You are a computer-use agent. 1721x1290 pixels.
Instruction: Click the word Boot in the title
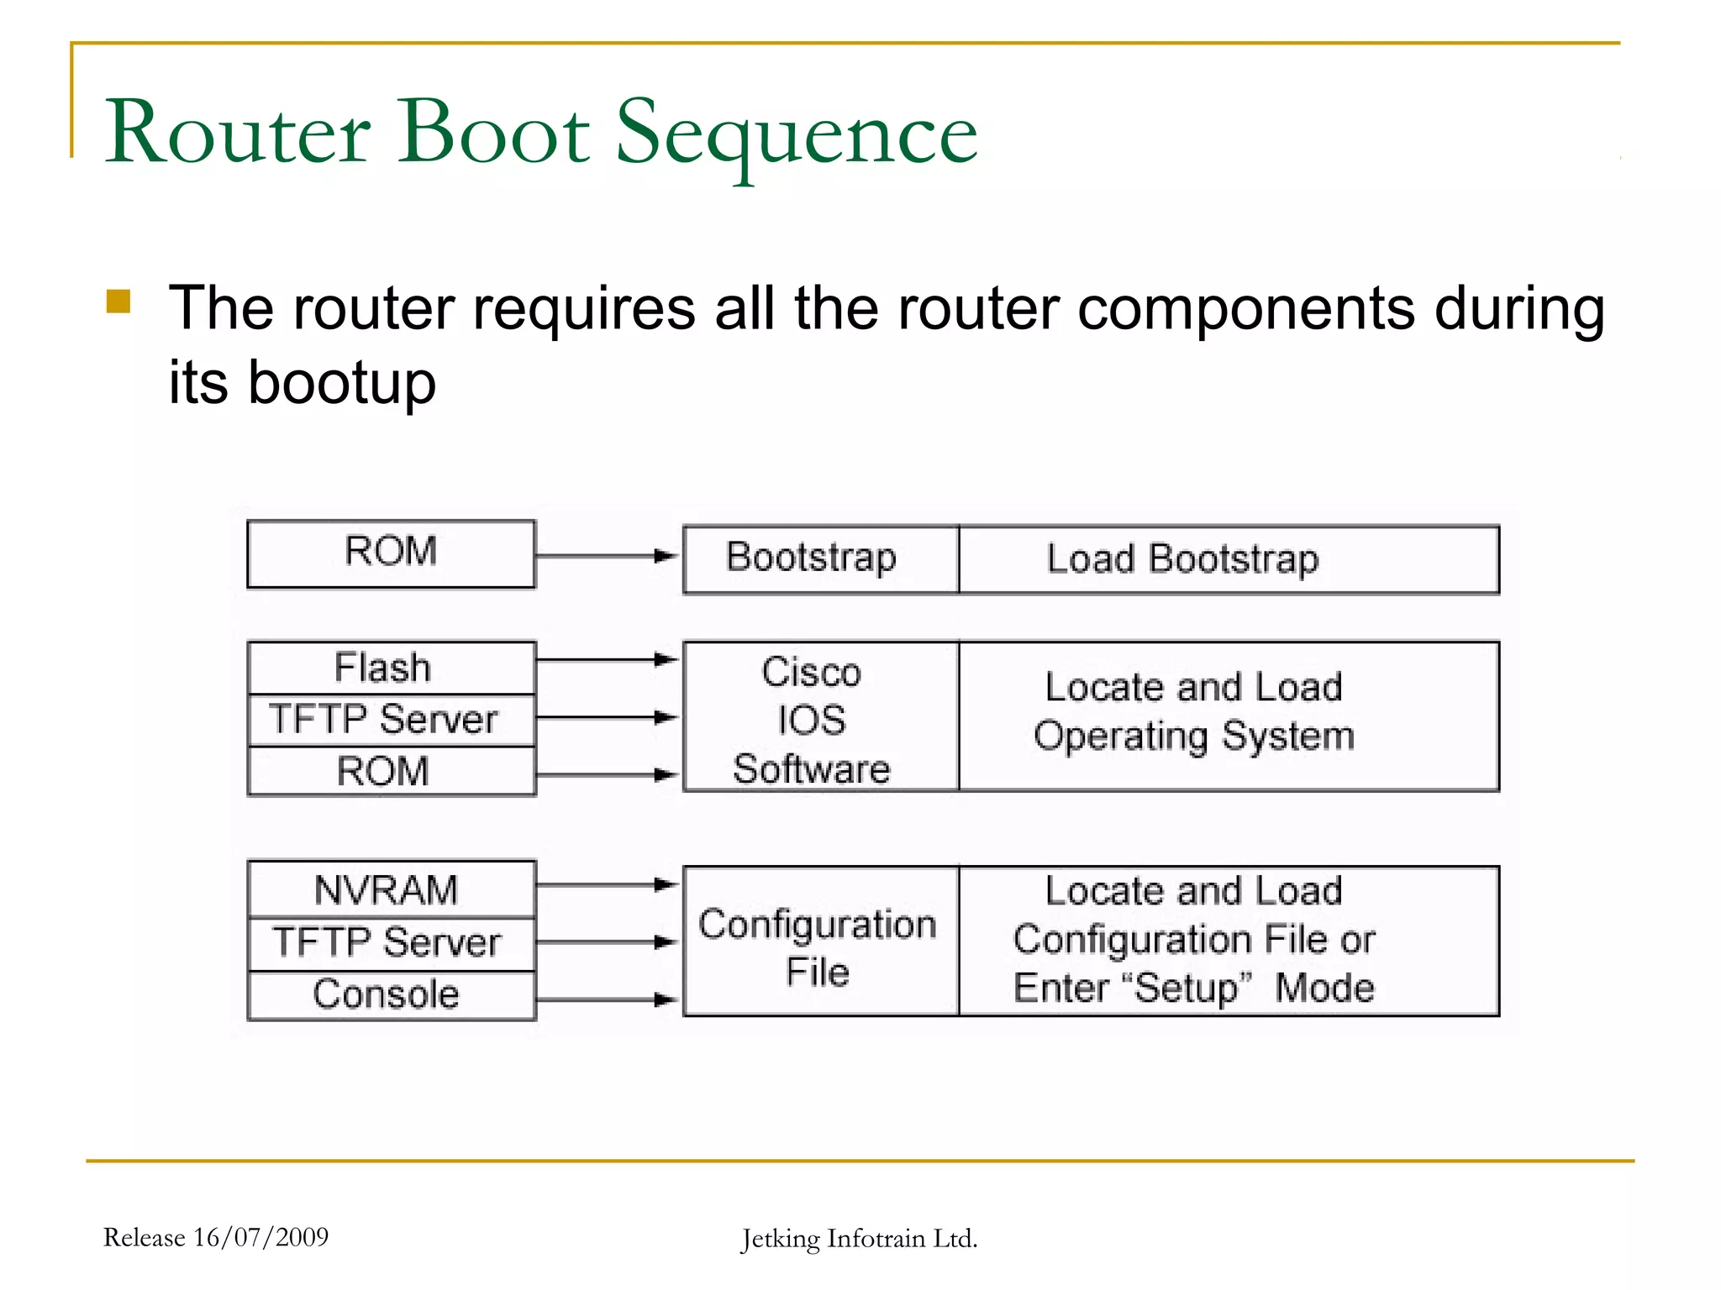tap(494, 133)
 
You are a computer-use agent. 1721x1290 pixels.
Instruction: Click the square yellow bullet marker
tap(118, 302)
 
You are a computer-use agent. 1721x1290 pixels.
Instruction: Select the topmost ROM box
tap(391, 553)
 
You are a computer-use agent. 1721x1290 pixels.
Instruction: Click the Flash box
tap(391, 668)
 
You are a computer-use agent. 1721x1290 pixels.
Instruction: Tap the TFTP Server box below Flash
tap(391, 720)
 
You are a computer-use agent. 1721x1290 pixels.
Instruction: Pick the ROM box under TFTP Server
tap(391, 771)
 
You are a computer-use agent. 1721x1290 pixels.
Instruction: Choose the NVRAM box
tap(391, 889)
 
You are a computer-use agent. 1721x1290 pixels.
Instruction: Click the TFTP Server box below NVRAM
tap(391, 942)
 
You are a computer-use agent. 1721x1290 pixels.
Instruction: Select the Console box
tap(391, 994)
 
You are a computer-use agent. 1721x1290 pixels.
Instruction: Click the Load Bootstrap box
tap(1227, 559)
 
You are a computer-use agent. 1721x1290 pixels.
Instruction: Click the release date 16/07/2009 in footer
tap(261, 1237)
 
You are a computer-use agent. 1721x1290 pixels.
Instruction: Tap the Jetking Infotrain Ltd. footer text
tap(859, 1239)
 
